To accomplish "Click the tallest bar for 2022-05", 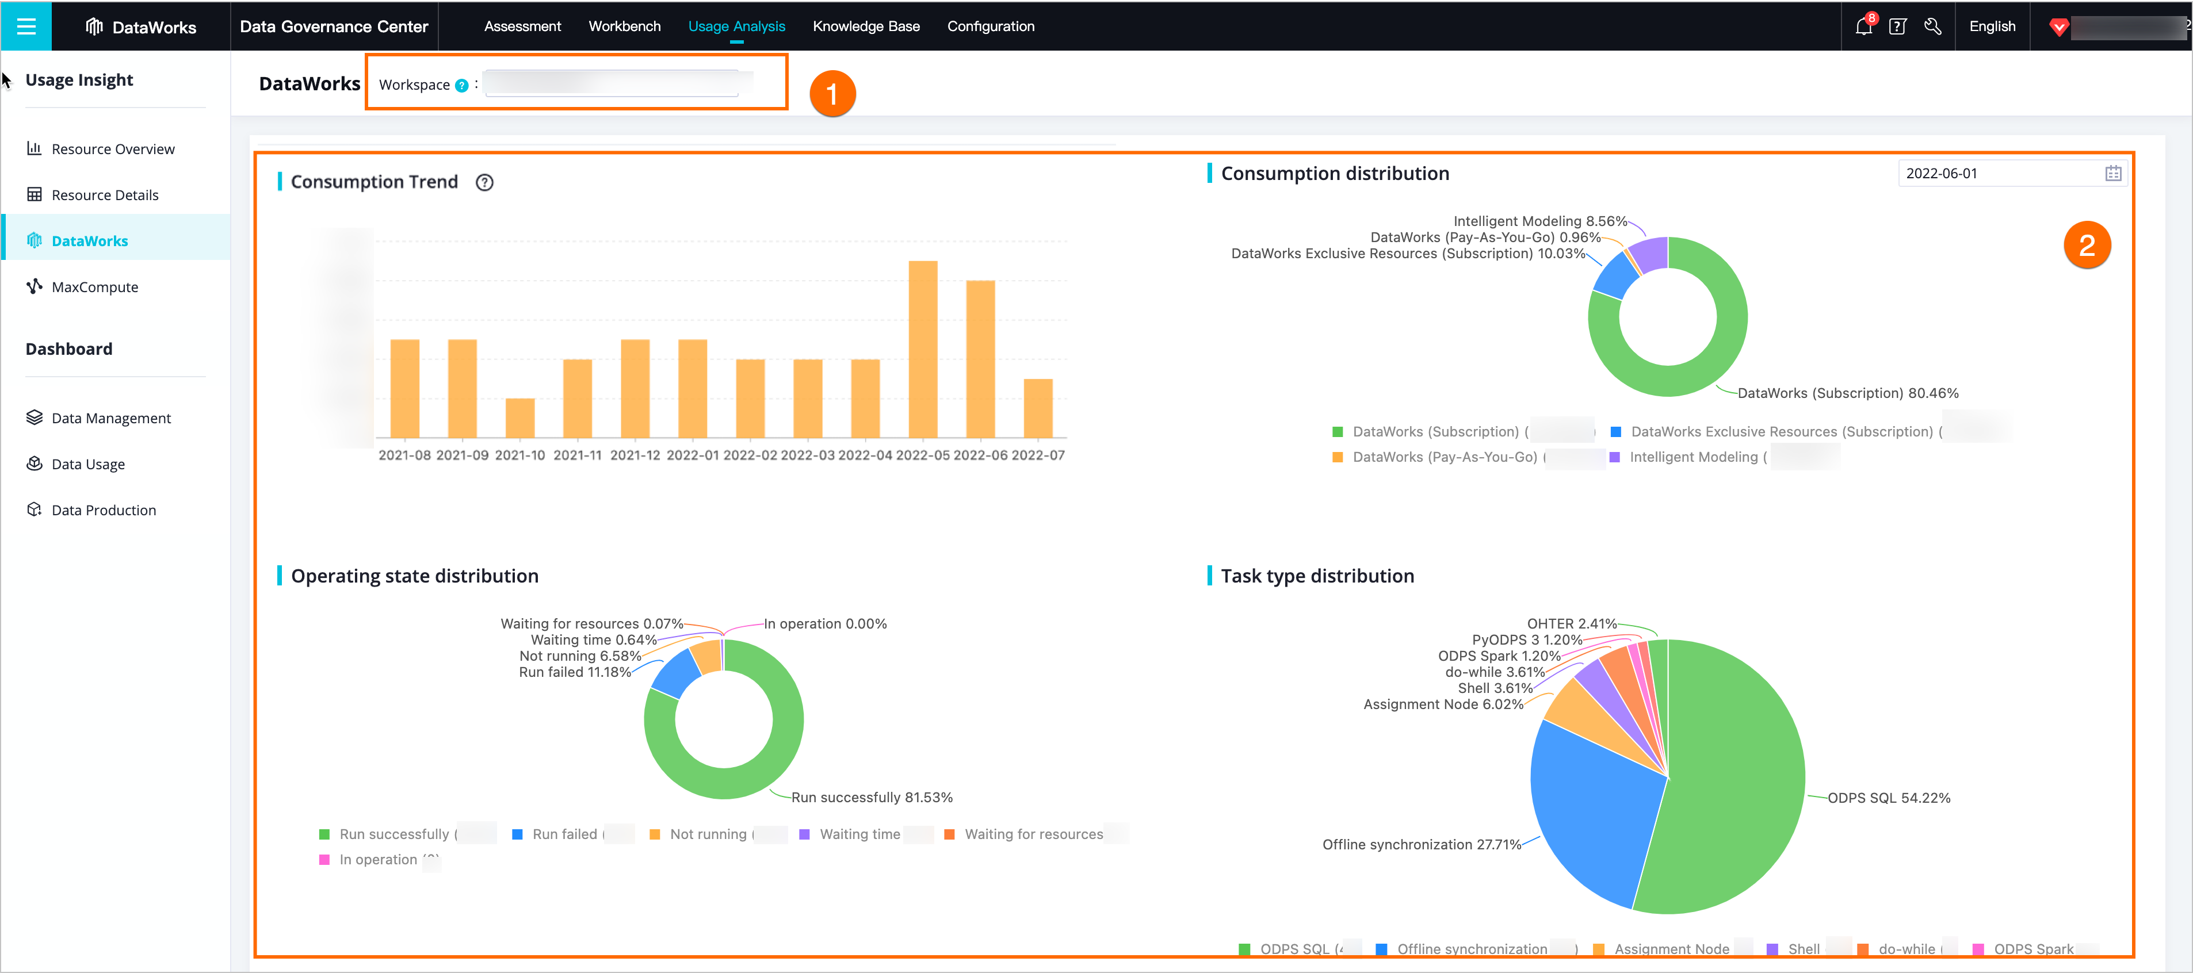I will point(923,349).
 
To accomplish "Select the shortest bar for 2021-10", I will point(519,418).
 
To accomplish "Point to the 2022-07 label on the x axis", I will point(1038,455).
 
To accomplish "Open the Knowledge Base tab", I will point(866,26).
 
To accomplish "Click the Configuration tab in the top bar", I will point(990,26).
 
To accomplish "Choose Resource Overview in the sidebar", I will point(112,149).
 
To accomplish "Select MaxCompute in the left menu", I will point(94,287).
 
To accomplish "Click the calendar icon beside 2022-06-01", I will point(2113,174).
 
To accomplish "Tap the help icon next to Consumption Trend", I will point(484,182).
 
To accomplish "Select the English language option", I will point(1992,26).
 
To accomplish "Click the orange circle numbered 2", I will point(2087,245).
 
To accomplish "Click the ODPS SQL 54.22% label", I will point(1888,798).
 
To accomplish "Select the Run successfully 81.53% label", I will point(872,798).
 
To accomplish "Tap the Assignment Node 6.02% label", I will point(1443,704).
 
